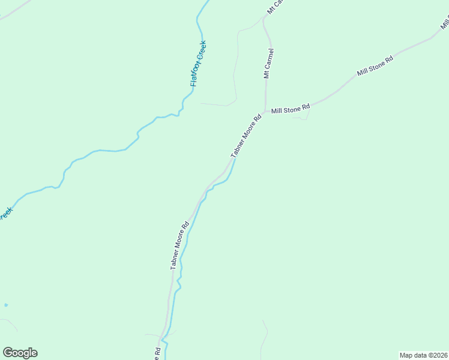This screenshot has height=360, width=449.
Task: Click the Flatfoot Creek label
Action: [198, 64]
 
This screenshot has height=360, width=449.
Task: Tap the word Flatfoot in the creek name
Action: [196, 73]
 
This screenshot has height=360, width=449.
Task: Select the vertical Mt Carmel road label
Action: [268, 64]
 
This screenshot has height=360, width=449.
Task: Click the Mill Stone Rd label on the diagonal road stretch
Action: [375, 65]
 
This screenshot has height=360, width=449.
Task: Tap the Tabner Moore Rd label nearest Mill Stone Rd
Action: [247, 136]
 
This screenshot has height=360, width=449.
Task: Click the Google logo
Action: [20, 352]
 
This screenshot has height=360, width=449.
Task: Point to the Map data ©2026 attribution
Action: [424, 355]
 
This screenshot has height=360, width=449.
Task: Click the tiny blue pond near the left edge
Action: [6, 305]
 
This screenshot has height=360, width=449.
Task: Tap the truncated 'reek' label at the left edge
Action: [5, 214]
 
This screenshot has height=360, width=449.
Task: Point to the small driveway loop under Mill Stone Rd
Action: [301, 117]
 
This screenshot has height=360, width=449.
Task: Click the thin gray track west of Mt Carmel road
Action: [235, 66]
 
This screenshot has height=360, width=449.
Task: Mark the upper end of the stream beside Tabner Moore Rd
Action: [234, 160]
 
